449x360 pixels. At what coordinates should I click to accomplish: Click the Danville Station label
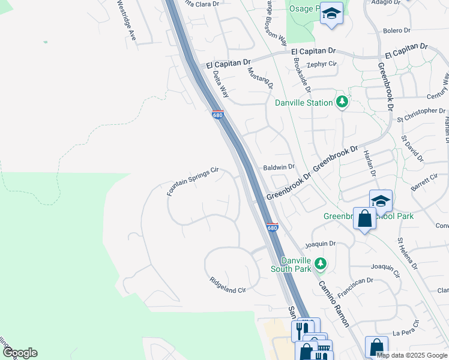pyautogui.click(x=304, y=103)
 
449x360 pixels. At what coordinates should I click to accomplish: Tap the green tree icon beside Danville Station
pyautogui.click(x=342, y=102)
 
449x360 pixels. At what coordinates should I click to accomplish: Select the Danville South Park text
pyautogui.click(x=294, y=265)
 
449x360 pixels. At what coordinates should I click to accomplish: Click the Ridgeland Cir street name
pyautogui.click(x=228, y=285)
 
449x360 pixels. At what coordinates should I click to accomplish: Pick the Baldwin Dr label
pyautogui.click(x=279, y=167)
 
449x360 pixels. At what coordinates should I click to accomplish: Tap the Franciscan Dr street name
pyautogui.click(x=355, y=288)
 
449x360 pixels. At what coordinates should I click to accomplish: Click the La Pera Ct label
pyautogui.click(x=404, y=332)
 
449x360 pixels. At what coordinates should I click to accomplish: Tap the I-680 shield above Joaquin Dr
pyautogui.click(x=272, y=227)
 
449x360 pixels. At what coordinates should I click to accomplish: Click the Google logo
pyautogui.click(x=20, y=353)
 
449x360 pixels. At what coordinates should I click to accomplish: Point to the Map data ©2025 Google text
pyautogui.click(x=412, y=355)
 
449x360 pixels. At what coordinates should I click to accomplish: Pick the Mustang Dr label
pyautogui.click(x=260, y=79)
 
